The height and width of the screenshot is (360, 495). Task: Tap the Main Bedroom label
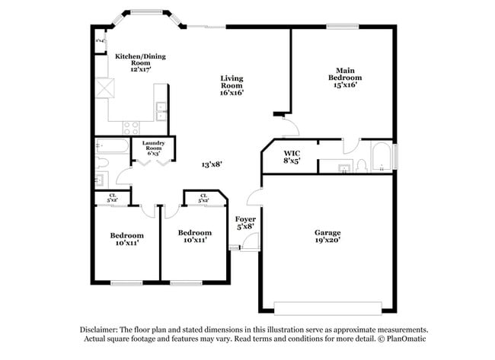pos(344,78)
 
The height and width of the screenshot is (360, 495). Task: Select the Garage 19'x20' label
pos(327,237)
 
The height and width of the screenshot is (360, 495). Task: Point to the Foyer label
pos(245,222)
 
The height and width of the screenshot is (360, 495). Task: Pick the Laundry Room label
pos(154,148)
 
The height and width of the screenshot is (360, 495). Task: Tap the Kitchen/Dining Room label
pos(140,62)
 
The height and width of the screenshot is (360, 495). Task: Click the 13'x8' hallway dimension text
pos(212,164)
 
